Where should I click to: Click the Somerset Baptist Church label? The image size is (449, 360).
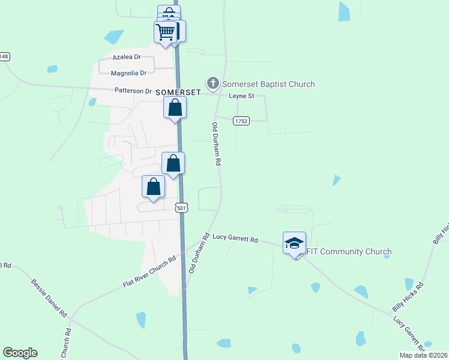point(268,84)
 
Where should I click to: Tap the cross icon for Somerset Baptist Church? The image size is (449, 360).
point(212,83)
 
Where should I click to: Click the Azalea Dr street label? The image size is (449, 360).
point(126,57)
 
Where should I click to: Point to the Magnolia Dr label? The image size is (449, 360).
point(129,73)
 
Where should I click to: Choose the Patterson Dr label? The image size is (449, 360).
point(133,91)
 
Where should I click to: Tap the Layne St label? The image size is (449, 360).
point(242,96)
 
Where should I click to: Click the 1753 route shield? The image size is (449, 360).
point(242,121)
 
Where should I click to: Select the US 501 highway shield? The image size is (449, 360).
point(181,208)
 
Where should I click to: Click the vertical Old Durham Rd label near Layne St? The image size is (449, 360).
point(217,144)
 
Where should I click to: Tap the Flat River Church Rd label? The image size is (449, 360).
point(149,271)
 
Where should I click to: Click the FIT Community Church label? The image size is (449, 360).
point(349,251)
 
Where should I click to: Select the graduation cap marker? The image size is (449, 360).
point(294,243)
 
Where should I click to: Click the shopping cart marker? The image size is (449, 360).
point(164,31)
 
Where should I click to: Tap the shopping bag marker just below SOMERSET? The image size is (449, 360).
point(175,108)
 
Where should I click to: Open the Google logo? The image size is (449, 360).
point(20,353)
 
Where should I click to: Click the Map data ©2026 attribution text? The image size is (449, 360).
point(423,355)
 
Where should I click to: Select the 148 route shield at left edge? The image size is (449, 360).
point(4,56)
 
